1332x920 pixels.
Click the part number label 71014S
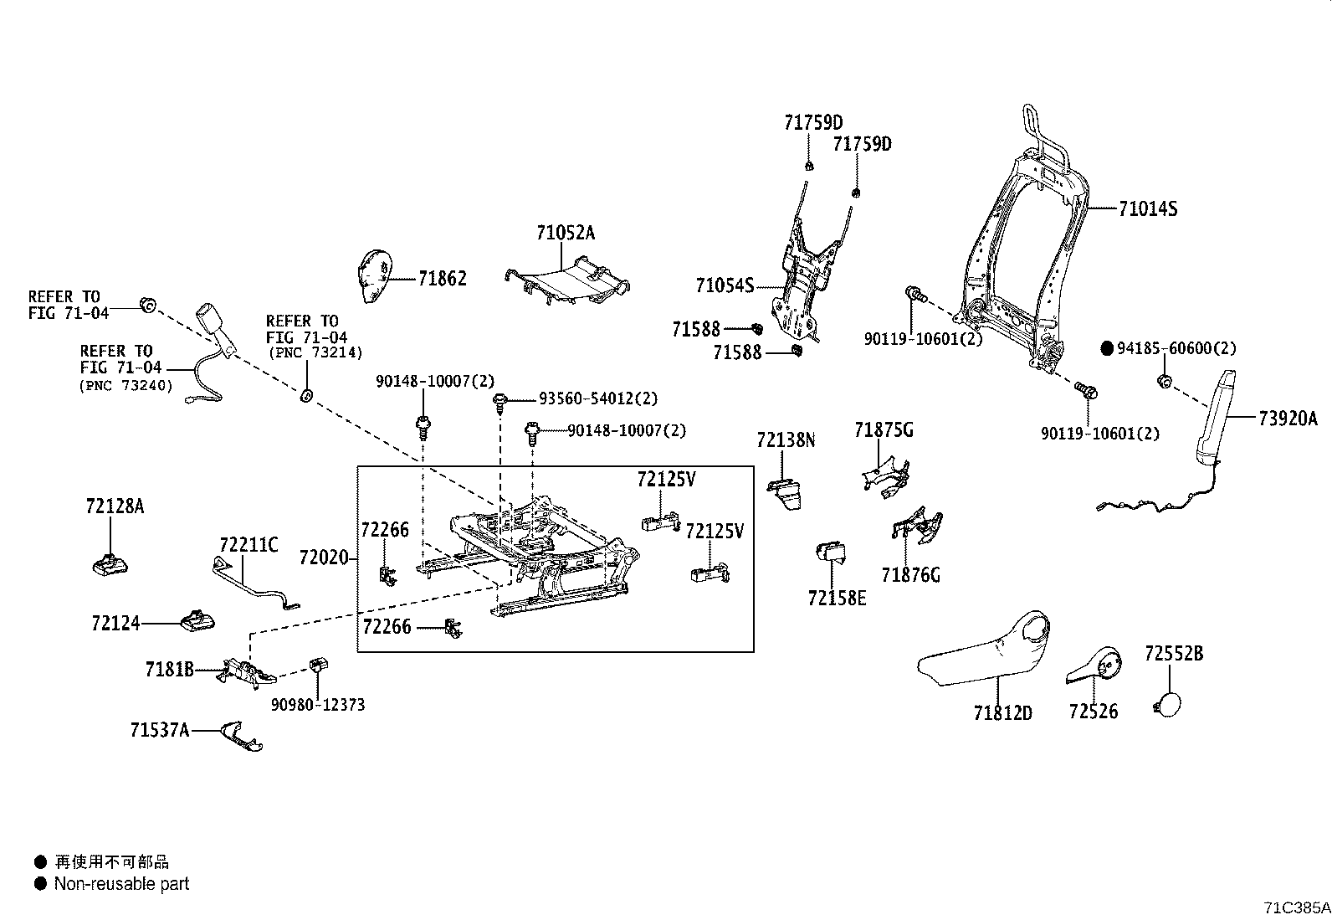click(1147, 209)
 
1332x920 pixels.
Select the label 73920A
click(1288, 419)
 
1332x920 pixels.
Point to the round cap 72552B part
click(1170, 702)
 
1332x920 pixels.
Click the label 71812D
click(1002, 713)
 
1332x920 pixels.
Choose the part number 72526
click(1093, 712)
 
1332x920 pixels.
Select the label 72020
click(324, 557)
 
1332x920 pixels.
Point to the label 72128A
click(115, 506)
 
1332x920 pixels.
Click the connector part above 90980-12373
click(319, 666)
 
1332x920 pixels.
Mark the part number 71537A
click(159, 731)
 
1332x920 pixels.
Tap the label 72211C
click(248, 545)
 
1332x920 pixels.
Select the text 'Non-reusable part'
click(121, 884)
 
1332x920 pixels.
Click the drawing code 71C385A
click(1297, 907)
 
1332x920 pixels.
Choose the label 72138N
click(785, 439)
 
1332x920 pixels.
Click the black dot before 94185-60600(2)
click(1107, 349)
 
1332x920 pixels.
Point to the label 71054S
click(724, 286)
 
